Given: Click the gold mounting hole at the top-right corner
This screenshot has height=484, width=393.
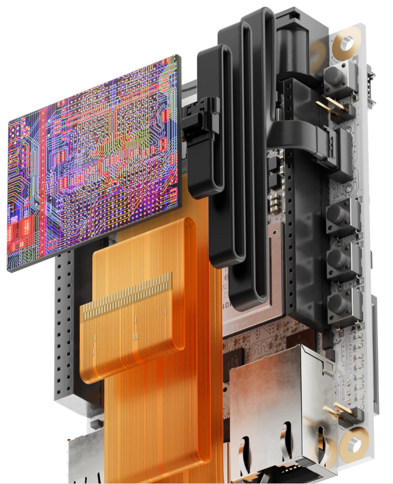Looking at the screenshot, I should click(346, 42).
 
